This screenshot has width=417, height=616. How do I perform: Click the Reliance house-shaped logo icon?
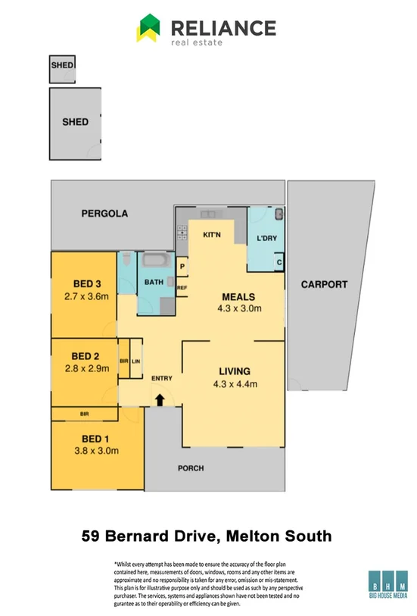[x=148, y=30]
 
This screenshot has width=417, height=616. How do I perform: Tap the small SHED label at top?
[x=62, y=66]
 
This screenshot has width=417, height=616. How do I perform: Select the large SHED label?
[x=75, y=121]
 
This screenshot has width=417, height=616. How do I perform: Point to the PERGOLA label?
[x=104, y=214]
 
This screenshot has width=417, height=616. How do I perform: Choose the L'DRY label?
[x=266, y=239]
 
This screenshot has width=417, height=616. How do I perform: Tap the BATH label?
[x=154, y=282]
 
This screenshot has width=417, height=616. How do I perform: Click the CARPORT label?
[x=324, y=285]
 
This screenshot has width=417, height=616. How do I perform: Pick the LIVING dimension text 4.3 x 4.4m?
[x=234, y=383]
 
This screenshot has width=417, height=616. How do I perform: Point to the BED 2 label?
[x=86, y=356]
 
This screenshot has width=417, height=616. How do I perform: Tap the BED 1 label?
[x=96, y=438]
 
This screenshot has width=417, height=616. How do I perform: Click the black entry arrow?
[x=160, y=399]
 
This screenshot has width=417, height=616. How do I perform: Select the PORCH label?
[x=191, y=468]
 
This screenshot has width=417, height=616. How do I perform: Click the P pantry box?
[x=182, y=267]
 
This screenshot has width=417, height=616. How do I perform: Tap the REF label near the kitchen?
[x=182, y=288]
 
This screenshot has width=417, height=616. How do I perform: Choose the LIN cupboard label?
[x=136, y=361]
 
